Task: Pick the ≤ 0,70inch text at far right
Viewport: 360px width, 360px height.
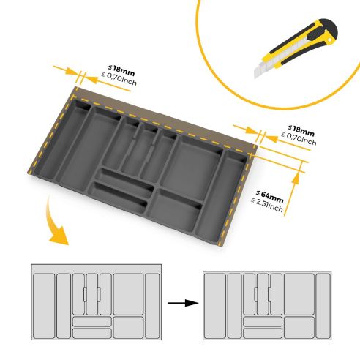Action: click(299, 139)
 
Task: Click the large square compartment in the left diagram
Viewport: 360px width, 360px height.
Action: click(128, 292)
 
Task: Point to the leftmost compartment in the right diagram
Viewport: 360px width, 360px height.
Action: click(214, 304)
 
